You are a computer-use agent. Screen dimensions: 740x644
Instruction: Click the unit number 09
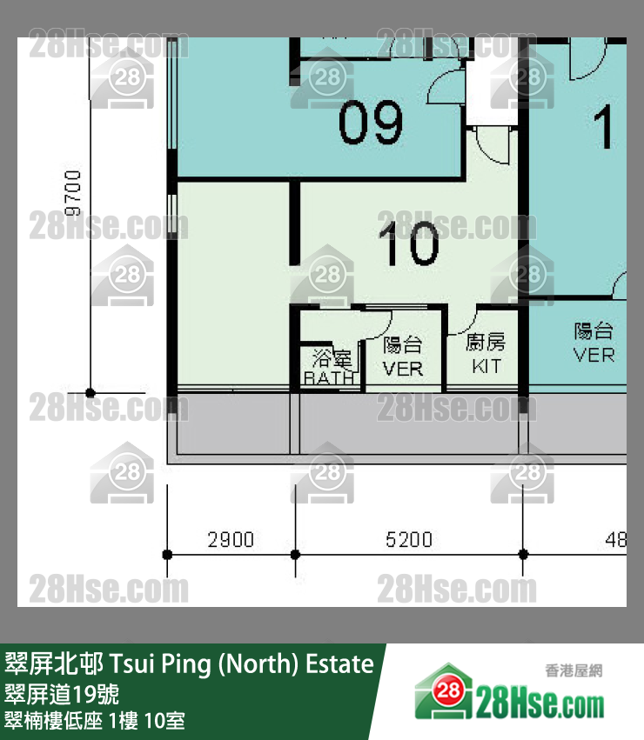pos(371,123)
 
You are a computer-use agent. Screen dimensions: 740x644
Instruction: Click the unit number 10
pos(409,243)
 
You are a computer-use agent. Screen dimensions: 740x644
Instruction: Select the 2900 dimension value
pos(231,540)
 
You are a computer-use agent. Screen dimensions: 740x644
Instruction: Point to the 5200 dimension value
pos(408,540)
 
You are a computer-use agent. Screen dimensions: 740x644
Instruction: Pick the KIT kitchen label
pos(486,366)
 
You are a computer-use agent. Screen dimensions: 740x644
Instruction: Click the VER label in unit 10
pos(402,369)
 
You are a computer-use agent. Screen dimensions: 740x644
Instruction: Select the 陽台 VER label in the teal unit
pos(594,343)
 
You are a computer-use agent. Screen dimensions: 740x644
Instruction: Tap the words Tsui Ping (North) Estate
pos(241,665)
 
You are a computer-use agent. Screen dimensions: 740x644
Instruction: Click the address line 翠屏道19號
pos(68,694)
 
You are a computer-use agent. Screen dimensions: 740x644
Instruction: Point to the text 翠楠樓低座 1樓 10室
pos(95,721)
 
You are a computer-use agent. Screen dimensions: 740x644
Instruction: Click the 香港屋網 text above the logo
pos(574,670)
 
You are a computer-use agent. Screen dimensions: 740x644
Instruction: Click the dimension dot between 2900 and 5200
pos(294,553)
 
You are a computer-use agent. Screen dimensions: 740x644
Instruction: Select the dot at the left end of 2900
pos(167,553)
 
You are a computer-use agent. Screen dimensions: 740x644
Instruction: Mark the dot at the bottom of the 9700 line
pos(90,392)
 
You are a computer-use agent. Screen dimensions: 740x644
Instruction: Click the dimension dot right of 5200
pos(523,553)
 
